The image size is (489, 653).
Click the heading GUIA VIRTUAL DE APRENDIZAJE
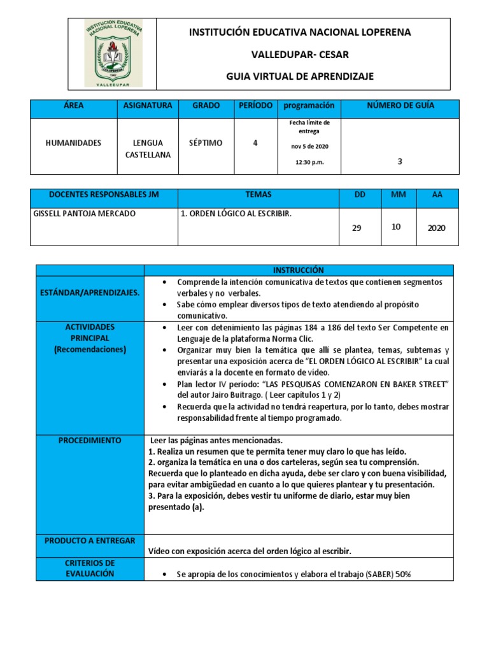pyautogui.click(x=300, y=77)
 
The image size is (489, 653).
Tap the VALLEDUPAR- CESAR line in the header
pyautogui.click(x=300, y=54)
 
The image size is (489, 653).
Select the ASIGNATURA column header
pyautogui.click(x=148, y=105)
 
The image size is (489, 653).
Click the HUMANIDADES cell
pyautogui.click(x=73, y=143)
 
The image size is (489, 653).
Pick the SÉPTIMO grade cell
pyautogui.click(x=206, y=143)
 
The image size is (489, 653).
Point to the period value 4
pyautogui.click(x=255, y=143)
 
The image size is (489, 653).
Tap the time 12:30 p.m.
pyautogui.click(x=309, y=162)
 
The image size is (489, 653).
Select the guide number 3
pyautogui.click(x=399, y=161)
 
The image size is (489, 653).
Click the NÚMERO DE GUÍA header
pyautogui.click(x=400, y=105)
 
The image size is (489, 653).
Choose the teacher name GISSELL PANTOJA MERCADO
pyautogui.click(x=84, y=214)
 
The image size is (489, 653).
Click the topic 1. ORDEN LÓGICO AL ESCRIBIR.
pyautogui.click(x=237, y=214)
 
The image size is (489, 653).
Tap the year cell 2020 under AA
pyautogui.click(x=437, y=228)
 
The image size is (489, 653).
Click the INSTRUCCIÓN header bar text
pyautogui.click(x=299, y=270)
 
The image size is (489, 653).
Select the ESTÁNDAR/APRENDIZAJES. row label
pyautogui.click(x=89, y=292)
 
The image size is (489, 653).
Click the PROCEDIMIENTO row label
pyautogui.click(x=89, y=441)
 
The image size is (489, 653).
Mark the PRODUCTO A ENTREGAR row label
pyautogui.click(x=90, y=541)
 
